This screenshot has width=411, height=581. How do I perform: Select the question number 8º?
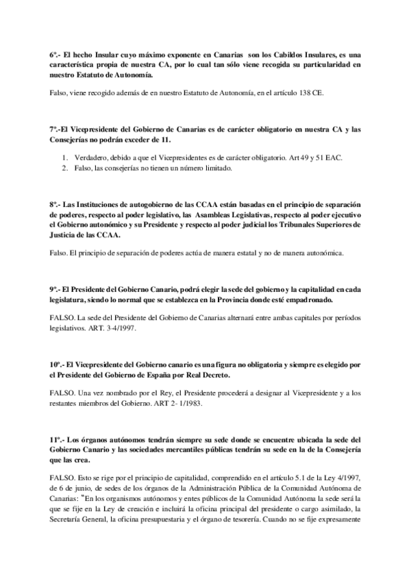pyautogui.click(x=55, y=205)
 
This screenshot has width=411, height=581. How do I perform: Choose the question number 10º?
pyautogui.click(x=57, y=360)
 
